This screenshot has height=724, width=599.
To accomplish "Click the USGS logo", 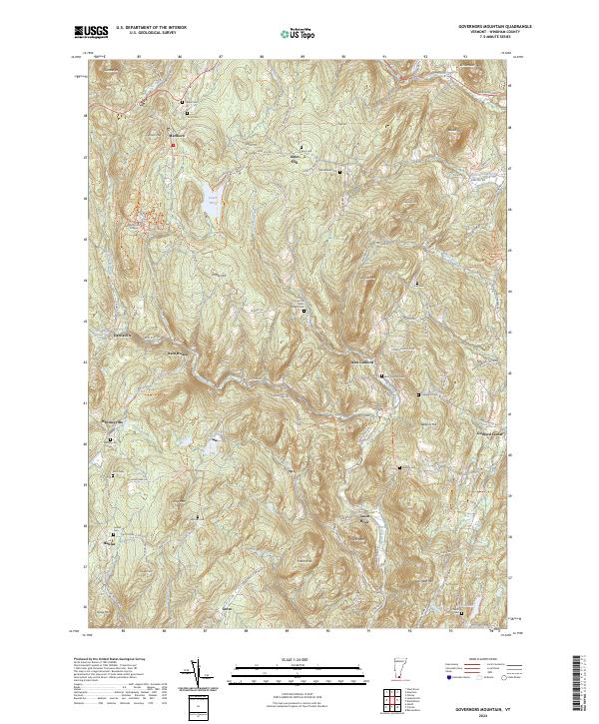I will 90,33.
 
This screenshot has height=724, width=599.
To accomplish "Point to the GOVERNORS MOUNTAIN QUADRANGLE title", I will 494,27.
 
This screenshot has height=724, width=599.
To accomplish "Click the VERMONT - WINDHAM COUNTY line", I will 494,33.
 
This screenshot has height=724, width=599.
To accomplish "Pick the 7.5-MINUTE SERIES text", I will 494,39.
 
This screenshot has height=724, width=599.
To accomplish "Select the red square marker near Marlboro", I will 172,146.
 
